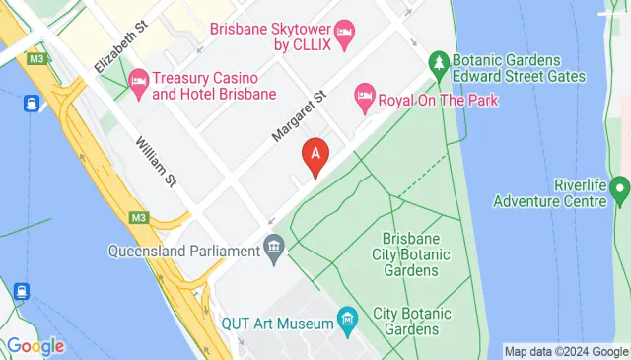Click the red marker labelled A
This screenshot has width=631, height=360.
click(x=315, y=156)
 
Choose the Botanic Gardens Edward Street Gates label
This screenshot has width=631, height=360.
click(x=520, y=68)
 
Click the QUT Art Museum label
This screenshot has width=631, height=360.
click(x=277, y=324)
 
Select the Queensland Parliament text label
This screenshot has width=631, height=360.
click(x=183, y=251)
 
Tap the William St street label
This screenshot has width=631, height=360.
click(x=157, y=163)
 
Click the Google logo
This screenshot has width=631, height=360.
click(x=35, y=346)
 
